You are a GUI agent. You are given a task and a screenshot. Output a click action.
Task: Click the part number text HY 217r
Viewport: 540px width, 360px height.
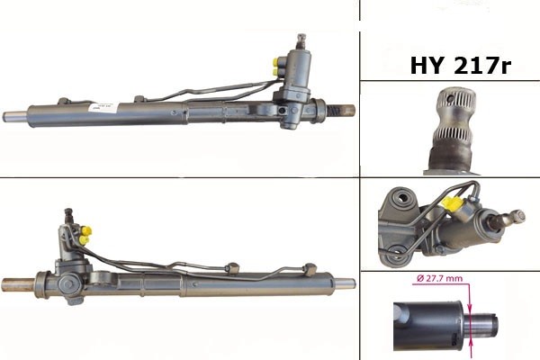click(x=461, y=65)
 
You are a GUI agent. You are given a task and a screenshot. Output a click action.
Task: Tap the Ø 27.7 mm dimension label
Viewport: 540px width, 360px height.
click(x=439, y=278)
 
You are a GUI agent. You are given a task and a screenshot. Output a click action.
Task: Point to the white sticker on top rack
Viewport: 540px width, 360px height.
click(x=103, y=107)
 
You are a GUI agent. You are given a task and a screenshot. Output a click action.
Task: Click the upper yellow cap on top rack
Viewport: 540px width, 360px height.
click(x=275, y=62)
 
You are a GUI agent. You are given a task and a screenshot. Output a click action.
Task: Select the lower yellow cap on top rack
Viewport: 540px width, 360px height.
click(x=275, y=72)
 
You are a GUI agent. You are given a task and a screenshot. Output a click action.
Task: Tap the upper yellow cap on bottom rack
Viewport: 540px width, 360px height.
click(x=86, y=230)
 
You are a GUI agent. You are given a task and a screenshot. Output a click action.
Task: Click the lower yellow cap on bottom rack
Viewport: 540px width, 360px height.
click(x=84, y=240)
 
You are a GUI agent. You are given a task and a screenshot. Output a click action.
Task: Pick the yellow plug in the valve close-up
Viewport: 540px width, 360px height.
click(x=451, y=204)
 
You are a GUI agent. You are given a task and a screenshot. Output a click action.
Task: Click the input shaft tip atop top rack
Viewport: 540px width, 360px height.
click(x=301, y=40)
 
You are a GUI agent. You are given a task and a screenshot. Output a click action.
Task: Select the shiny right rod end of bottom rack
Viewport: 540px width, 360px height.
click(x=345, y=283)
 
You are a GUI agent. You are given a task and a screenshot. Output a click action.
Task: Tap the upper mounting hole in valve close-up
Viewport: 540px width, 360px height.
click(x=402, y=198)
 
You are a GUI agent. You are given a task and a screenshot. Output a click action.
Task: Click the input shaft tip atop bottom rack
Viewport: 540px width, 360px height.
click(x=68, y=215)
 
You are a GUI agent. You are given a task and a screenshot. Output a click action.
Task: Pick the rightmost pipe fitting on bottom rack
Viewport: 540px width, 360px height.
click(x=310, y=269)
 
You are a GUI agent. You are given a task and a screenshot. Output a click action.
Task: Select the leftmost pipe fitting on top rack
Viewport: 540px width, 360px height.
click(x=64, y=101)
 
